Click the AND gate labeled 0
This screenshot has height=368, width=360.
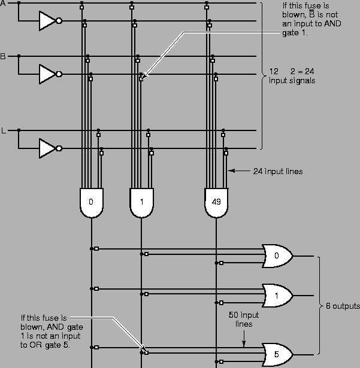(x=91, y=202)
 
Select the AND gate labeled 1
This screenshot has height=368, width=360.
(x=141, y=202)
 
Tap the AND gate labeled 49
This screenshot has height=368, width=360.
(x=216, y=202)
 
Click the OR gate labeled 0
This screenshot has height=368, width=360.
(x=276, y=256)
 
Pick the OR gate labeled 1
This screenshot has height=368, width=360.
(x=276, y=295)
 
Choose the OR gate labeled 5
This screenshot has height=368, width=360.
(x=276, y=354)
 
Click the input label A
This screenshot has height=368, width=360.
(x=3, y=3)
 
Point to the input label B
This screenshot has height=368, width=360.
(x=3, y=56)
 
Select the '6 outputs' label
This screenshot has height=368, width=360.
(x=341, y=306)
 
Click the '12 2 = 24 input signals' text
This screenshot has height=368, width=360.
(x=292, y=75)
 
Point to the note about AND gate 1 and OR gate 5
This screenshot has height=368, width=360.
(x=45, y=329)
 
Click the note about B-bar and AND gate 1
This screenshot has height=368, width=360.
(x=306, y=19)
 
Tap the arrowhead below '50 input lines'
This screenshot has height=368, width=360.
(x=243, y=344)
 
